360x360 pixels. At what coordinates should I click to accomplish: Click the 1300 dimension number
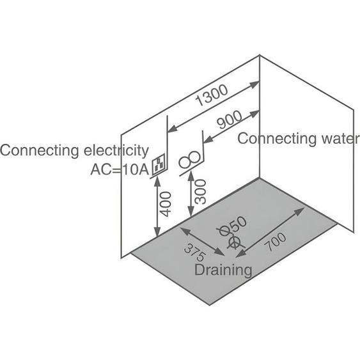coord(212,95)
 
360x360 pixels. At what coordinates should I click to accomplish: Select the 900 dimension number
coord(230,120)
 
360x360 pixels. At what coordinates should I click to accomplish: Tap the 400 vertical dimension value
coord(166,204)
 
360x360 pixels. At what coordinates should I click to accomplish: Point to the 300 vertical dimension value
coord(200,192)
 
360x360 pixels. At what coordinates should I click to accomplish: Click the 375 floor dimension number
coord(194,253)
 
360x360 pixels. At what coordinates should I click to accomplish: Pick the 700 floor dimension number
coord(276,242)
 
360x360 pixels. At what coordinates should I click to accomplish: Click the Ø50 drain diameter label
coord(232,227)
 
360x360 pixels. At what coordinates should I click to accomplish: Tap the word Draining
coord(223,270)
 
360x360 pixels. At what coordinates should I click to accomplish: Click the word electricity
coord(116,151)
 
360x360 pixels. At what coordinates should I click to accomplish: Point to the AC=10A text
coord(120,170)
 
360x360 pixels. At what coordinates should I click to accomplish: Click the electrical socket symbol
coord(159,164)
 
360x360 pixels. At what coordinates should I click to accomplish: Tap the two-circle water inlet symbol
coord(190,160)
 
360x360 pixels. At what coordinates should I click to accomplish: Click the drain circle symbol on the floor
coord(234,242)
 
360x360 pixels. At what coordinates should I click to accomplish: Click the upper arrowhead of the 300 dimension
coord(191,177)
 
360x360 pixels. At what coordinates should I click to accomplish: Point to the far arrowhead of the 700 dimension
coord(299,211)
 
